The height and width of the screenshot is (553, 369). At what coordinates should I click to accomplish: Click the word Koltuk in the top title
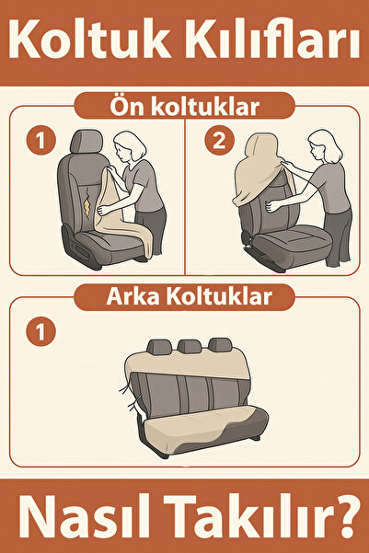click(89, 39)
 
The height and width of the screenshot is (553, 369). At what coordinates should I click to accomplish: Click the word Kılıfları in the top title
click(271, 39)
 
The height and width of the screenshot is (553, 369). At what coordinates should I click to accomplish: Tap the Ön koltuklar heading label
click(184, 106)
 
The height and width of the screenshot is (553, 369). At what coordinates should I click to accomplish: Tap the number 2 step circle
click(219, 141)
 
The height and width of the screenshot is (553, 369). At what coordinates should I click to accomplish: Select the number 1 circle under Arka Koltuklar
click(40, 331)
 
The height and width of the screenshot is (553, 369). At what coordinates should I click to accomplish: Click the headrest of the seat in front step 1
click(86, 141)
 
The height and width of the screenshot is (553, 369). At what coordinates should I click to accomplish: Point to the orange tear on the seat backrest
click(87, 207)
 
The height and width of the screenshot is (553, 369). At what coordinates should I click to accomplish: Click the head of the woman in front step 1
click(129, 146)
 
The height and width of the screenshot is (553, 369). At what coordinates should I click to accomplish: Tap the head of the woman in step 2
click(324, 145)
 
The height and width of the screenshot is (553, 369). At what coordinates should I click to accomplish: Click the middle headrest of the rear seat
click(190, 346)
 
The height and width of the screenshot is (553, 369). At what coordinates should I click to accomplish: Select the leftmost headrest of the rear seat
click(159, 347)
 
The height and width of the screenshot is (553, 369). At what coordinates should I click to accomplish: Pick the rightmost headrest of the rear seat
click(220, 344)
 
